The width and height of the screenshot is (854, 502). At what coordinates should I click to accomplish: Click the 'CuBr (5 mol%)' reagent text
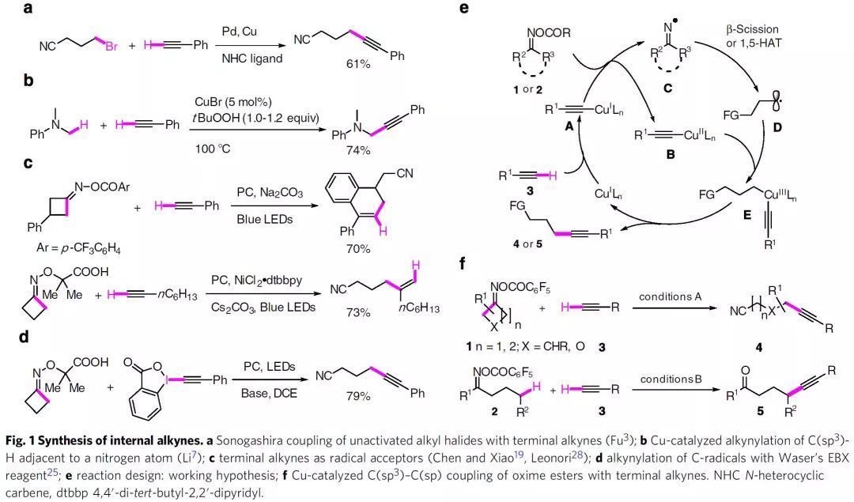(x=230, y=102)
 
